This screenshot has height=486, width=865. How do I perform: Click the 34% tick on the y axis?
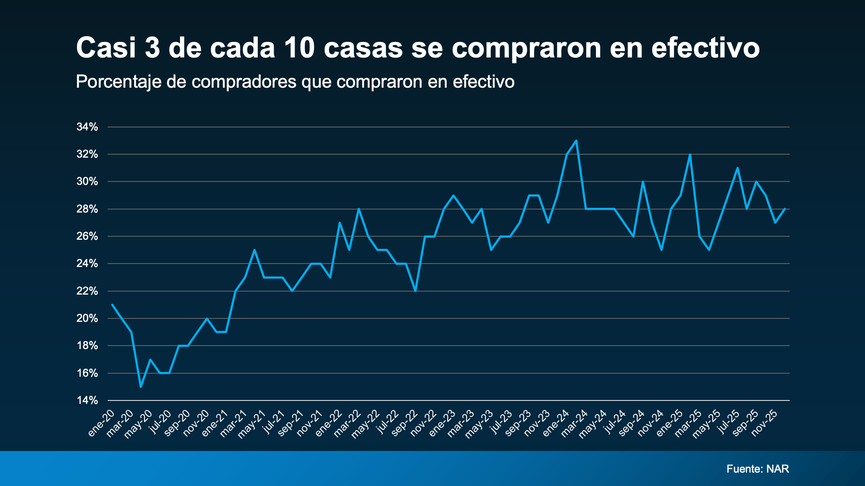coord(87,127)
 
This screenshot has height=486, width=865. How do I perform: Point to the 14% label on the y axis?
coord(87,400)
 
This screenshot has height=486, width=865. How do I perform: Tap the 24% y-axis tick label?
coord(87,264)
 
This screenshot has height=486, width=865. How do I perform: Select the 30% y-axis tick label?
coord(87,181)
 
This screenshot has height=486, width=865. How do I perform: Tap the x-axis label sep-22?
coord(405,423)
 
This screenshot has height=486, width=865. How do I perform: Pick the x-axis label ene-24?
coord(556,423)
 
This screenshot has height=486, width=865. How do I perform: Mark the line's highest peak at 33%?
coord(576,141)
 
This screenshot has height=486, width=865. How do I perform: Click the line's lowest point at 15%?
coord(141,387)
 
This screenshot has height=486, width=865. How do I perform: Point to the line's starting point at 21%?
coord(112,305)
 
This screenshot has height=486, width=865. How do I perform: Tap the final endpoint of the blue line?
coord(785,209)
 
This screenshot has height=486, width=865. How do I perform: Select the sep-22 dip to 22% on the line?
coord(415,291)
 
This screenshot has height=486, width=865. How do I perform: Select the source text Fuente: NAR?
coord(758,469)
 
